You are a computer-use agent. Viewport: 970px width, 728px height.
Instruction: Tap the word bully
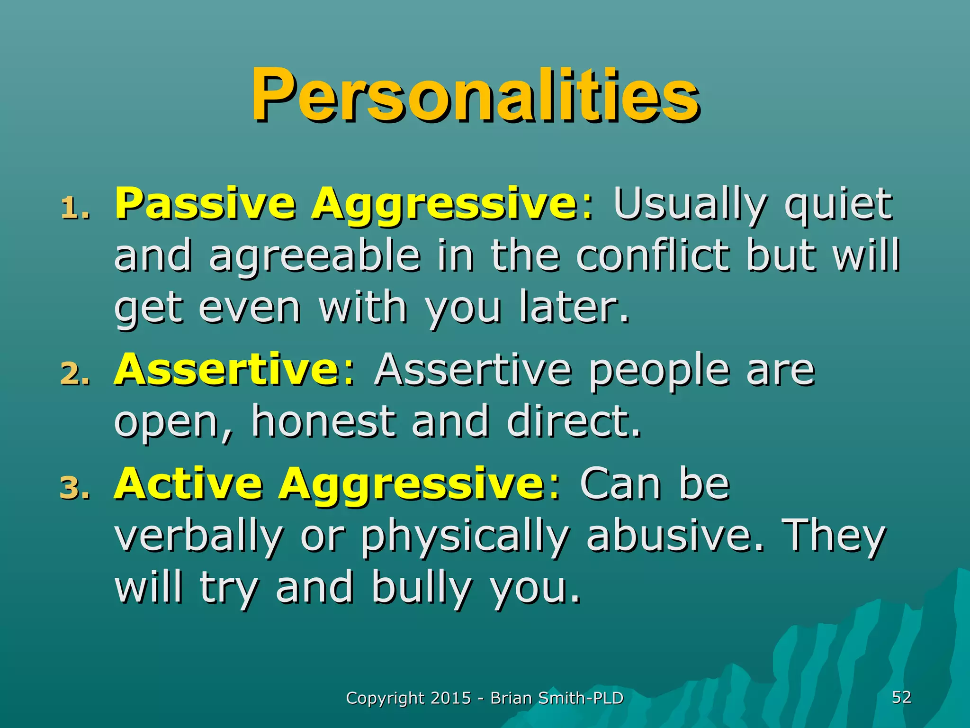[x=421, y=590]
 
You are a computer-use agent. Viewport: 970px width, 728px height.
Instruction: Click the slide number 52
[x=901, y=697]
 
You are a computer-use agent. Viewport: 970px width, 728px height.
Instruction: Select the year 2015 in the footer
[x=451, y=698]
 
